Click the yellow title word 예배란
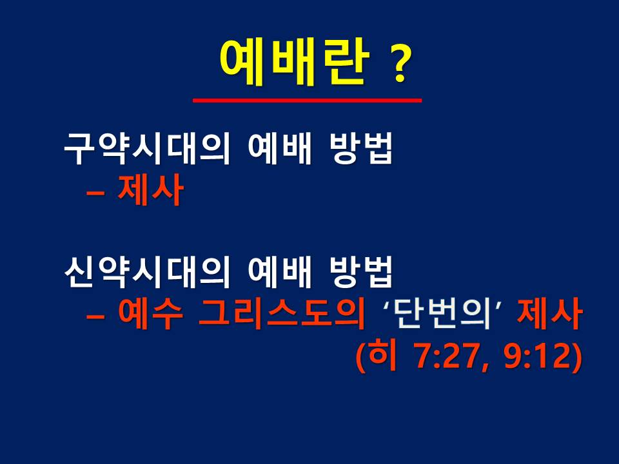click(295, 63)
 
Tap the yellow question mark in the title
click(400, 64)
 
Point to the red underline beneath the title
click(307, 101)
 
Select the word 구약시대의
click(147, 149)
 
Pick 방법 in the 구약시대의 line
click(361, 149)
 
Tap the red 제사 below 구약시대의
click(150, 190)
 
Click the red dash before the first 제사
click(95, 193)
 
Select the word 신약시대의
click(147, 272)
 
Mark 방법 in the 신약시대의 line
click(361, 272)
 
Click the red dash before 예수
click(95, 316)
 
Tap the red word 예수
click(151, 314)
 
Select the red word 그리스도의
click(282, 314)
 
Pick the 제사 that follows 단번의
click(549, 314)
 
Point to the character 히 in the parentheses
click(383, 356)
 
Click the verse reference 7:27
click(449, 356)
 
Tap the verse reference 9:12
click(537, 356)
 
